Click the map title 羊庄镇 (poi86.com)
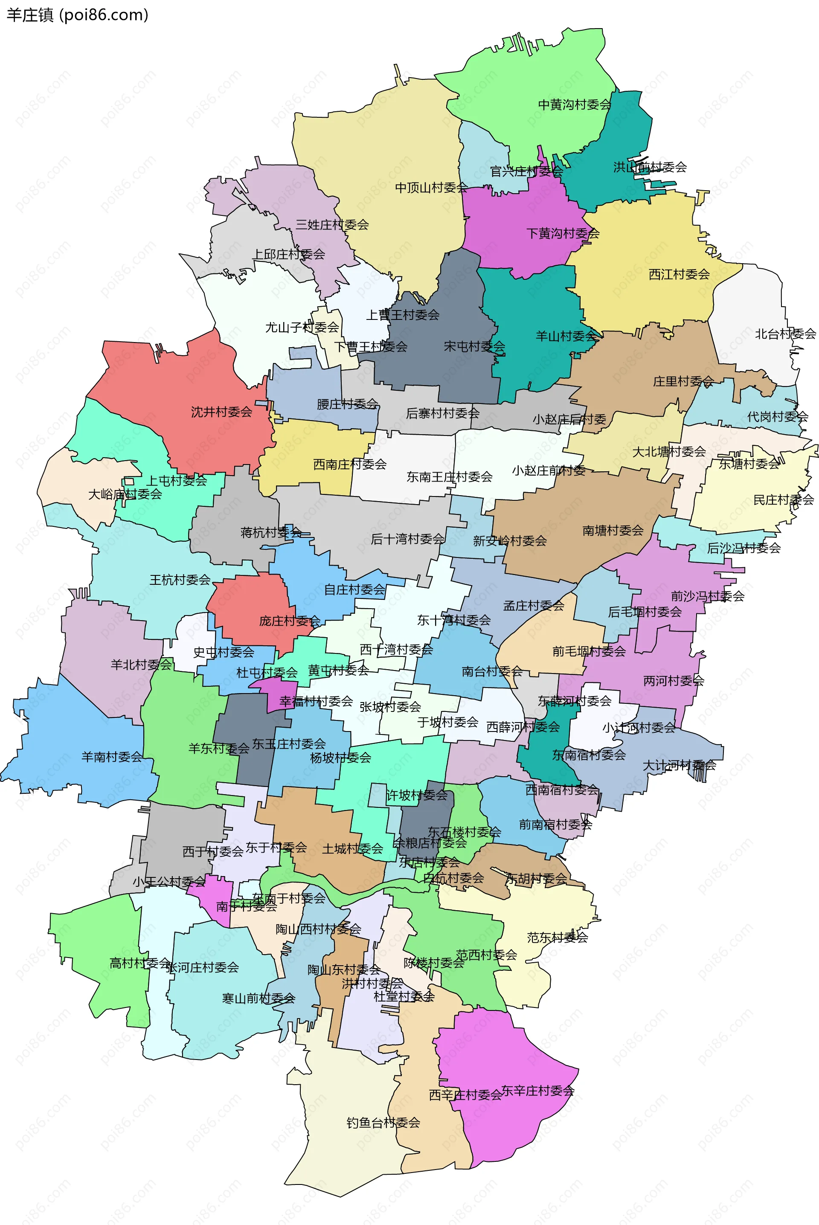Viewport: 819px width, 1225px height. tap(77, 15)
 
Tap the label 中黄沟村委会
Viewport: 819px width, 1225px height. tap(575, 105)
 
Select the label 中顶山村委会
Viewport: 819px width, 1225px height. tap(431, 187)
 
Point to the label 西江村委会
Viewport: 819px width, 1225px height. tap(679, 274)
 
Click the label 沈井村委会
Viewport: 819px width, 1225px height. tap(221, 412)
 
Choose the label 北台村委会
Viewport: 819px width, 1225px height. tap(785, 334)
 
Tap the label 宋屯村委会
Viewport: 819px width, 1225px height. tap(474, 346)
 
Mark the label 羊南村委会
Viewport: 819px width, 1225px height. tap(112, 757)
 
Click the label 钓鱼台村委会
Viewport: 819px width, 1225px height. tap(383, 1123)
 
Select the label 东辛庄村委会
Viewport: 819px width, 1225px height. tap(537, 1091)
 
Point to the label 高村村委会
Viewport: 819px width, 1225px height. tap(140, 963)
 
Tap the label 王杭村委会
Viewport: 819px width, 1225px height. tap(180, 580)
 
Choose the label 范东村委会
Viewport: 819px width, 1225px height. tap(558, 937)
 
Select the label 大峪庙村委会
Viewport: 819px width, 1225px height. tap(125, 494)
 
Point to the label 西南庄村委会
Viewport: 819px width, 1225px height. tap(349, 464)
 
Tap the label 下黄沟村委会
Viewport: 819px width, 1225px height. tap(563, 233)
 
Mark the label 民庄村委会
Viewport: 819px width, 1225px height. tap(784, 500)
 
